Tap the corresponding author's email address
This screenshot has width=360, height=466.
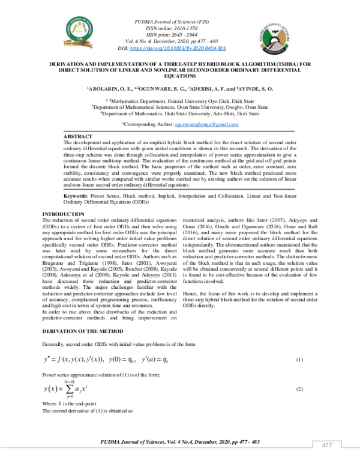[206, 124]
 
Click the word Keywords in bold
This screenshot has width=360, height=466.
[76, 196]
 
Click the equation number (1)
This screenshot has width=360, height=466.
[300, 360]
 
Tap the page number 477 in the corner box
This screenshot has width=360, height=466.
[327, 445]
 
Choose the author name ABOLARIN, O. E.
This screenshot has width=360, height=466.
[109, 88]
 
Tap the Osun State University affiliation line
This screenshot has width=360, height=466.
[179, 107]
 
